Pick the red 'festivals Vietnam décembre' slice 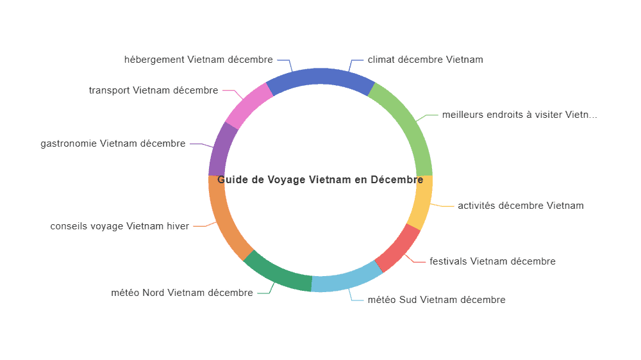tap(399, 249)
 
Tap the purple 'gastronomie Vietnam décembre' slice tap(221, 149)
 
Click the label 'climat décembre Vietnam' tap(425, 60)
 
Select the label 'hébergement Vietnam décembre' tap(198, 60)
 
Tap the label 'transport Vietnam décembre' tap(153, 90)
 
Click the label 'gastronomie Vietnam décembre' tap(113, 143)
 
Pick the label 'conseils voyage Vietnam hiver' tap(119, 226)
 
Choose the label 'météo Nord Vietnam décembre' tap(182, 293)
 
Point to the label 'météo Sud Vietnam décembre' tap(437, 300)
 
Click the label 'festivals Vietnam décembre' tap(492, 261)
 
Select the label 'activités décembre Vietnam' tap(520, 206)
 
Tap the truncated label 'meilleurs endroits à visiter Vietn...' tap(520, 115)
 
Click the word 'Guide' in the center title tap(233, 180)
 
